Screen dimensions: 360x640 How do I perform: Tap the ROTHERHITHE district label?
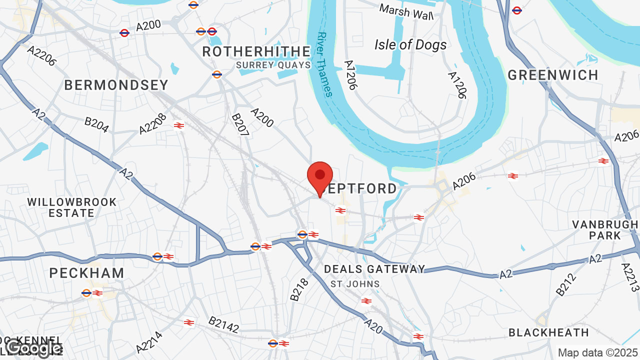[256, 52]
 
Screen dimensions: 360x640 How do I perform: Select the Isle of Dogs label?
[410, 45]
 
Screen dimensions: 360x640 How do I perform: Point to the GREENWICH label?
[553, 75]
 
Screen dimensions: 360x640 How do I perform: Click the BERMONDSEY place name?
[116, 85]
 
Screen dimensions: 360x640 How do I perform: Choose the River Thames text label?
[324, 64]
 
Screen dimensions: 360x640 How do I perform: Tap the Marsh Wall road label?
[406, 12]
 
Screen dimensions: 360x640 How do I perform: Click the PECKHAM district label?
[87, 273]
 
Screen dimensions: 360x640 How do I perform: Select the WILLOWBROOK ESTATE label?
[72, 207]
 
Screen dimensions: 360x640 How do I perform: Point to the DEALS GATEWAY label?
[374, 269]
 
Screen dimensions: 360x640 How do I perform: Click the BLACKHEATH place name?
[548, 332]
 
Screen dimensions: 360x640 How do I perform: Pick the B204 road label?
[96, 125]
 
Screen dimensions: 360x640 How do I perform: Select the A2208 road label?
[152, 123]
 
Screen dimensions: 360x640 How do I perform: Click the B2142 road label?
[223, 324]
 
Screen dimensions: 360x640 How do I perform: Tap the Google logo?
[34, 348]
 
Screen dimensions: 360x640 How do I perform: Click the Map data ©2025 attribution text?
[597, 352]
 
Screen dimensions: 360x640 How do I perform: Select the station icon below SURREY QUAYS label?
[216, 74]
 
